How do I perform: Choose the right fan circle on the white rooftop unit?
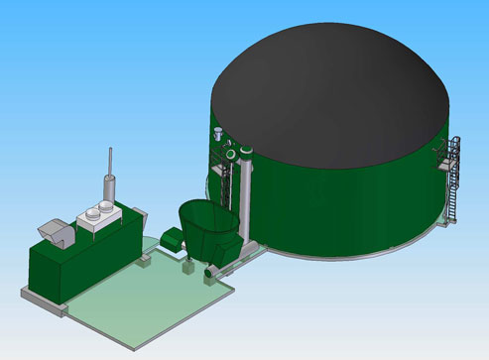click(104, 207)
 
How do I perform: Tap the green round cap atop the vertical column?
click(243, 152)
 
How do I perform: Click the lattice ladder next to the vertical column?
click(228, 193)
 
